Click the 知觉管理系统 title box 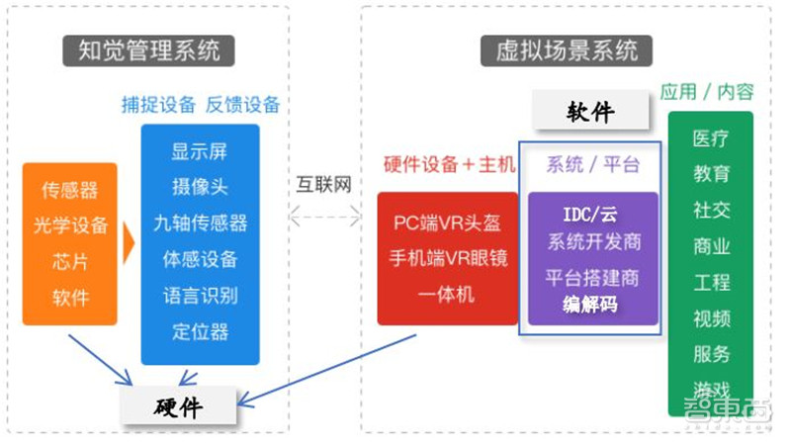pos(148,48)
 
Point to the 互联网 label pos(324,184)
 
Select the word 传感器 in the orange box pos(70,190)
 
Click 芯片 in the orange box pos(70,261)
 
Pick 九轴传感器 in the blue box pos(200,223)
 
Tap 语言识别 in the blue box pos(200,295)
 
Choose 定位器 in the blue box pos(200,330)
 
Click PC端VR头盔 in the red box pos(447,223)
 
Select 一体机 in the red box pos(447,294)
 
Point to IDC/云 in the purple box pos(591,215)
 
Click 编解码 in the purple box pos(591,305)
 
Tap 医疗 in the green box pos(711,138)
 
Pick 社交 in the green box pos(711,211)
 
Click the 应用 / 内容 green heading pos(707,92)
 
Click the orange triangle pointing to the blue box pos(129,243)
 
